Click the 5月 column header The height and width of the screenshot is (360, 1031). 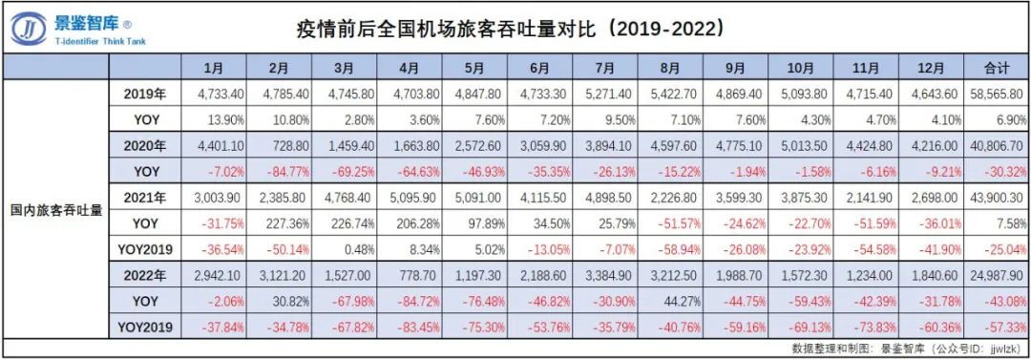(x=475, y=68)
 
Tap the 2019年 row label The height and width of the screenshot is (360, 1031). (x=145, y=94)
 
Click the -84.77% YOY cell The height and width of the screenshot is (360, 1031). (x=279, y=173)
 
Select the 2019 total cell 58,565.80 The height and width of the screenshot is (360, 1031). (x=997, y=94)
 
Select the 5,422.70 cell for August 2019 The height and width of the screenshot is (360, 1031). (x=672, y=94)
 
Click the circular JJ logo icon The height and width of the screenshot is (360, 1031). (x=29, y=30)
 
